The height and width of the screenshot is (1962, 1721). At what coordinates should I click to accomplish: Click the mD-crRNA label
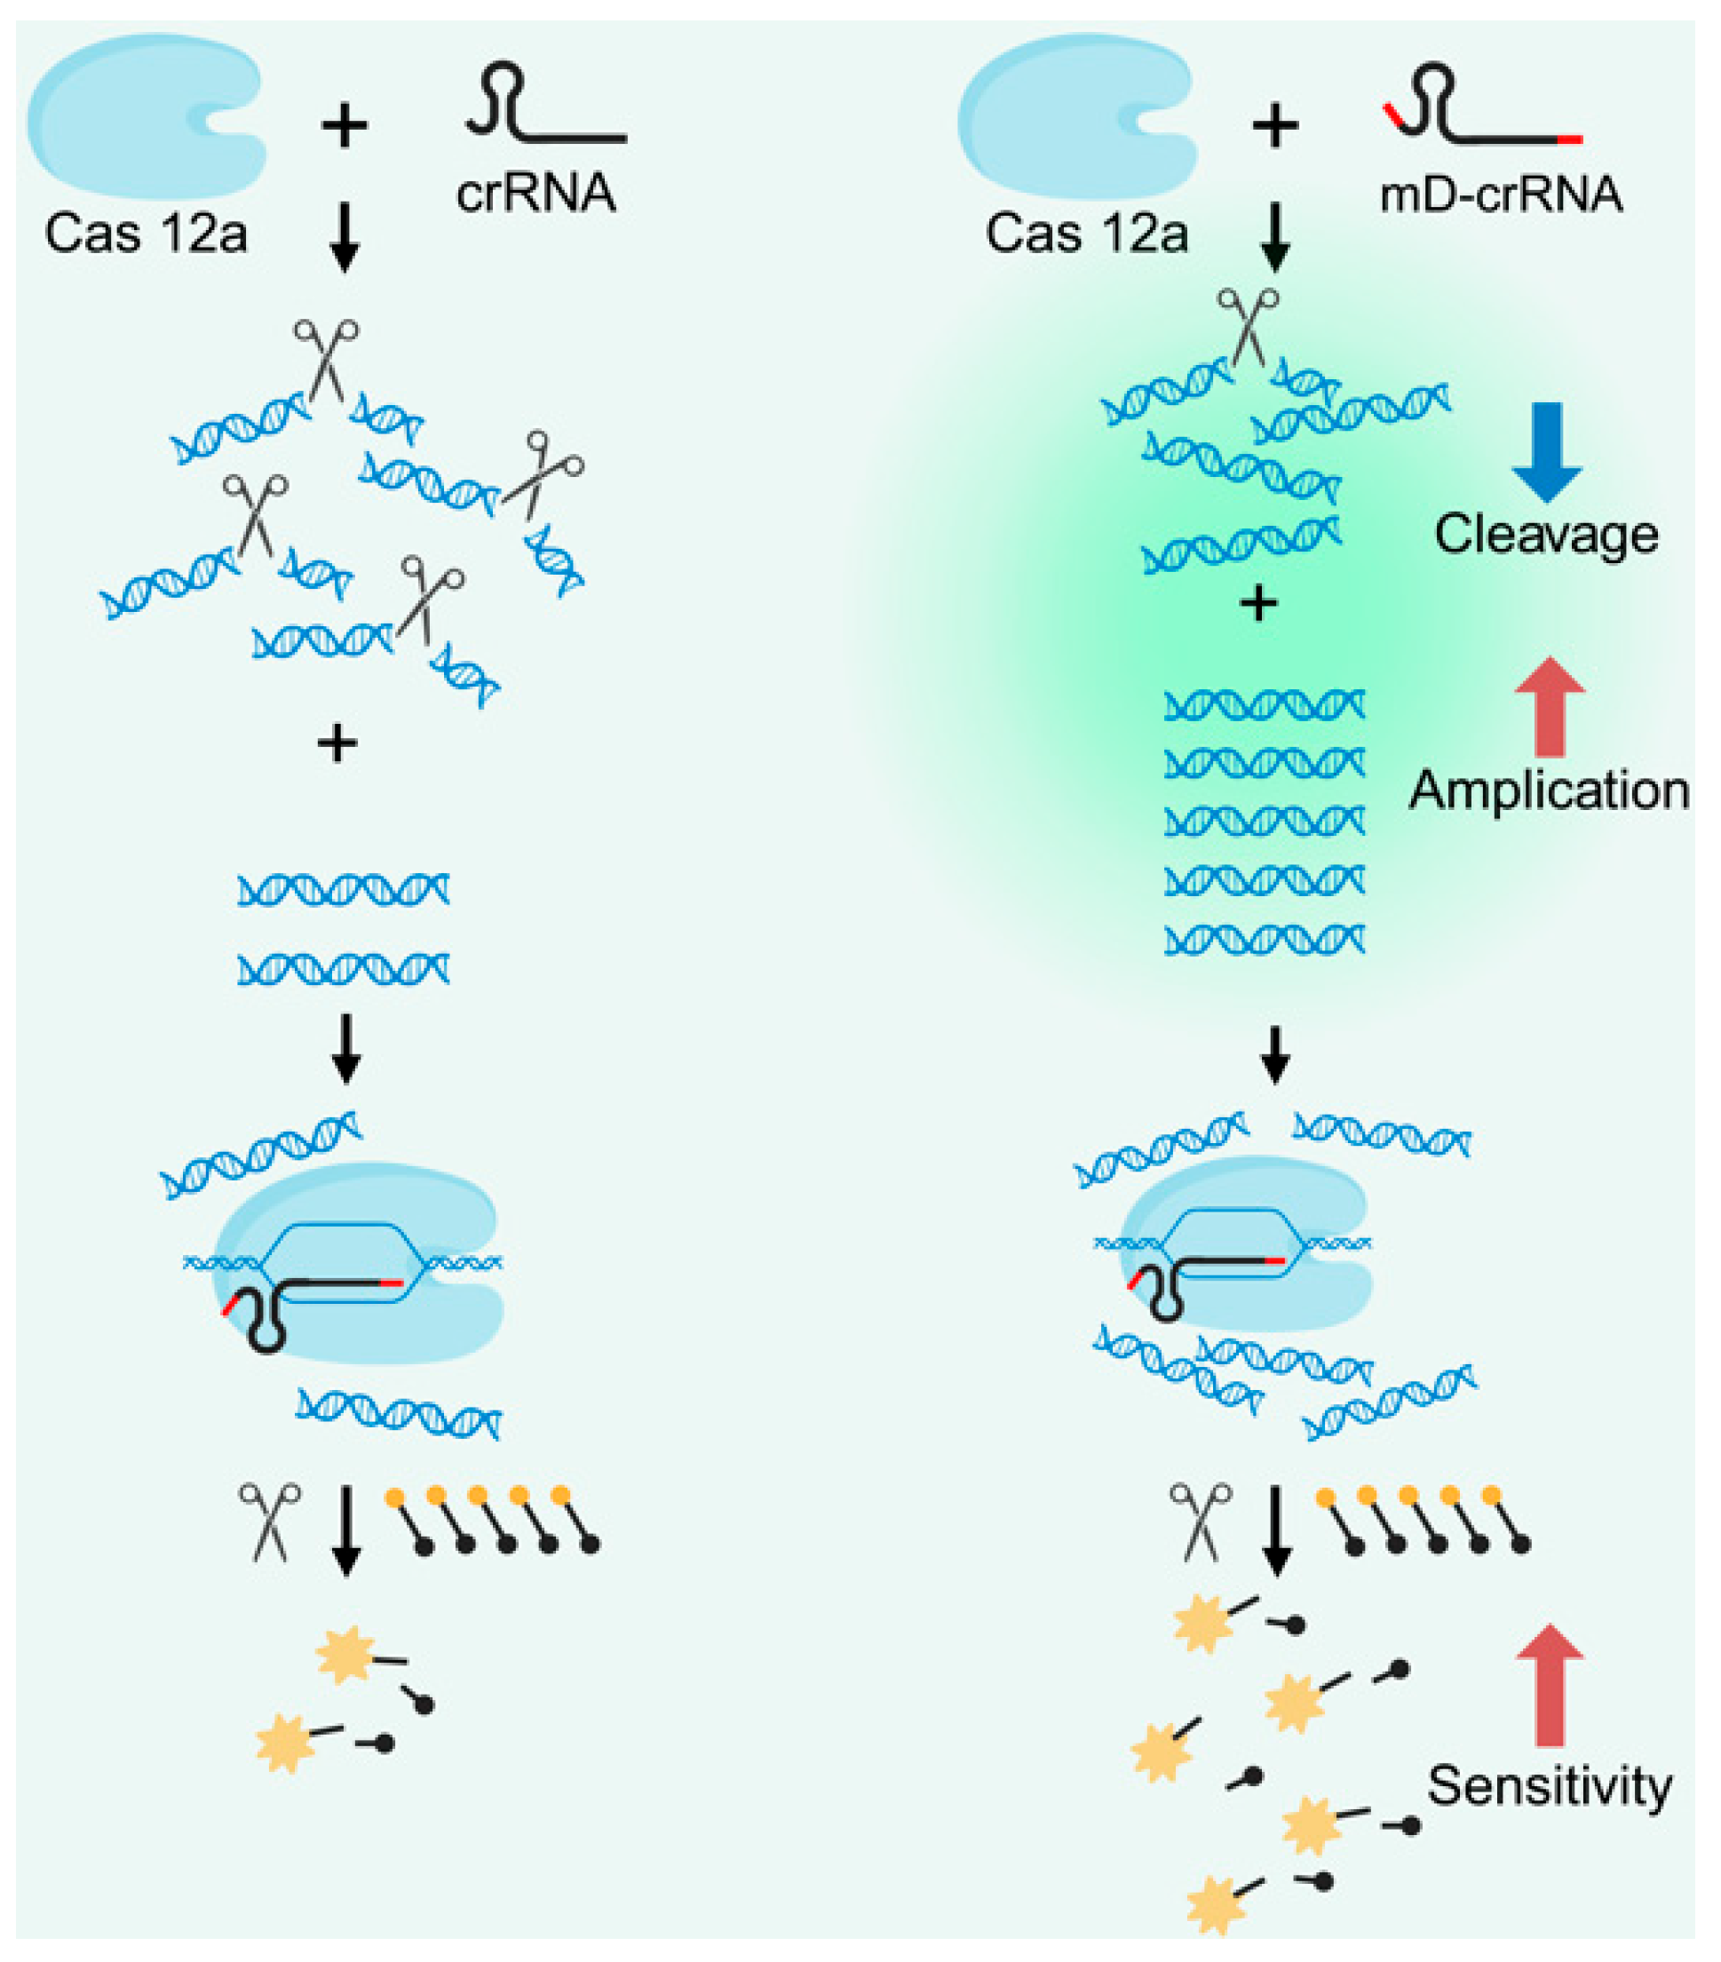pyautogui.click(x=1500, y=195)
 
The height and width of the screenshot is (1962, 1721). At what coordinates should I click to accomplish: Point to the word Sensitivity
pyautogui.click(x=1550, y=1785)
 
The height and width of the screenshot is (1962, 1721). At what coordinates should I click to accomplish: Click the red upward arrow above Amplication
pyautogui.click(x=1550, y=706)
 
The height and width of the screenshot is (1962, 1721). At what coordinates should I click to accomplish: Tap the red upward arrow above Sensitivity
pyautogui.click(x=1550, y=1685)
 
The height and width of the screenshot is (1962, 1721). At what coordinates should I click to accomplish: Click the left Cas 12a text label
pyautogui.click(x=146, y=234)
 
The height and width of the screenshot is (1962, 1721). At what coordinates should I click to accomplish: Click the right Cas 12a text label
pyautogui.click(x=1087, y=234)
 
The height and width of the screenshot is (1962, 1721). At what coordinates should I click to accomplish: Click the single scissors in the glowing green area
pyautogui.click(x=1247, y=326)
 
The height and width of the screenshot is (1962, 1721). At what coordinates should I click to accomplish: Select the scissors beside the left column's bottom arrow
pyautogui.click(x=270, y=1522)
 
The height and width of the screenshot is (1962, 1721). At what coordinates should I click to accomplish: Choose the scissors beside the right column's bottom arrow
pyautogui.click(x=1200, y=1522)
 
